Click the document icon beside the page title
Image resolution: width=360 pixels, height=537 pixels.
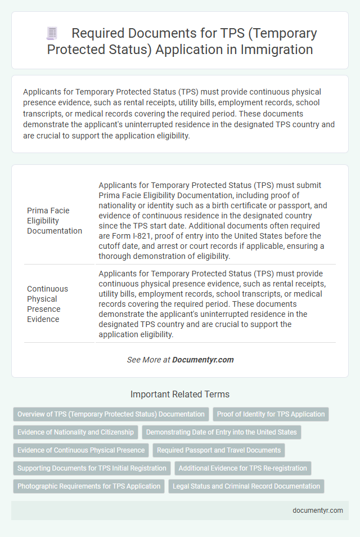click(x=52, y=34)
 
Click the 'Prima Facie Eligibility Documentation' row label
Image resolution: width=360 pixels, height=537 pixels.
click(x=55, y=220)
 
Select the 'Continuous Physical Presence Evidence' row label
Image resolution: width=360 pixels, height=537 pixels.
click(x=48, y=304)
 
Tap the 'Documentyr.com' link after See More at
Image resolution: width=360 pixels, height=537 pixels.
click(x=203, y=360)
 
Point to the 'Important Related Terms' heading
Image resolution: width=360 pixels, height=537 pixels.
click(x=180, y=394)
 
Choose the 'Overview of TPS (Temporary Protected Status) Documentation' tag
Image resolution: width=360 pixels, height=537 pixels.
click(x=111, y=414)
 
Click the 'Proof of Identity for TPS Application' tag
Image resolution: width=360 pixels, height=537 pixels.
click(x=271, y=414)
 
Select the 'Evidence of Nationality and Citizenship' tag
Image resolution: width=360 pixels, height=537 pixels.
click(x=76, y=432)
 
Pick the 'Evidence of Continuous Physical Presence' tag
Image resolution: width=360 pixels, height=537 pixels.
click(x=81, y=450)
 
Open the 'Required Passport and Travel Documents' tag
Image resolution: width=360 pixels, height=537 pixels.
click(x=219, y=450)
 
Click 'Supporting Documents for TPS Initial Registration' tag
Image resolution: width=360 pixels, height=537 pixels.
click(x=92, y=468)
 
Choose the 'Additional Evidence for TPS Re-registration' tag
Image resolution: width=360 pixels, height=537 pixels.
click(x=242, y=468)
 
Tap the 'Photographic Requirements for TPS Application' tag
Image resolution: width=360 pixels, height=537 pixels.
click(x=89, y=486)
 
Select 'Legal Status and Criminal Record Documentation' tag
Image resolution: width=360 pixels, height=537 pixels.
click(x=246, y=486)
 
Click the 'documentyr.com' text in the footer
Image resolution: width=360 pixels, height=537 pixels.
click(x=318, y=511)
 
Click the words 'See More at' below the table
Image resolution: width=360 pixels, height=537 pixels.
click(x=148, y=360)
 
